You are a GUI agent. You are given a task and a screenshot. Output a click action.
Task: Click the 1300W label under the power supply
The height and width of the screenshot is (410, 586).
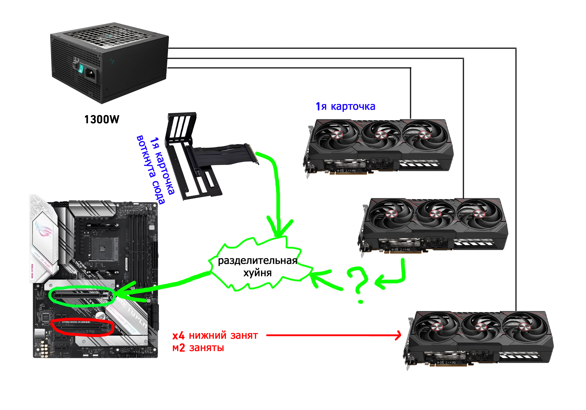102,119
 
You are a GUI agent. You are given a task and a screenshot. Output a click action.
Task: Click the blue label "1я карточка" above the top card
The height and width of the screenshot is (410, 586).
345,106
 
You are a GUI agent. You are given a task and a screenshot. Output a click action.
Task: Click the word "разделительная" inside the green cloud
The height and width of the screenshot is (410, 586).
257,261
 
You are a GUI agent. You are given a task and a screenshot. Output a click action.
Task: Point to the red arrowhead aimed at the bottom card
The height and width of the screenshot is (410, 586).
398,335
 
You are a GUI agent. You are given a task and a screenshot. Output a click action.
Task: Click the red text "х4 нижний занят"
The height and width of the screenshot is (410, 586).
215,335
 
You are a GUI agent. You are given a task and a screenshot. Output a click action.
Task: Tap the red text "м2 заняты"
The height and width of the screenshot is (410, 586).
198,348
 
